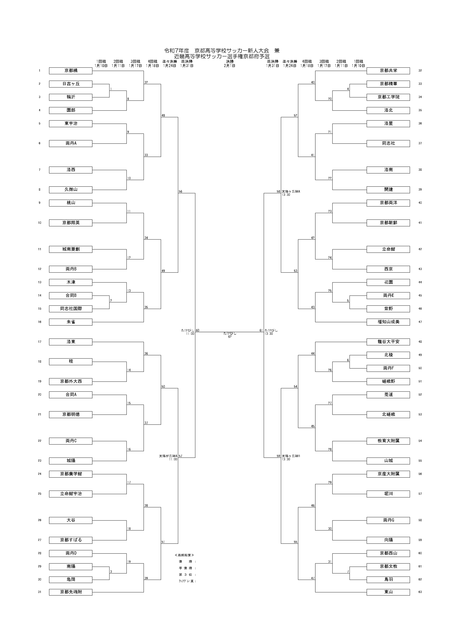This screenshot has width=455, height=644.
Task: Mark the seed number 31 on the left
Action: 39,592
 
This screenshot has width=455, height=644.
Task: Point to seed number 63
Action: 420,592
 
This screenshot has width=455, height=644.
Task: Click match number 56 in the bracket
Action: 180,192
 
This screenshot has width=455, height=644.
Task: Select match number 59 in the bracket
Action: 278,456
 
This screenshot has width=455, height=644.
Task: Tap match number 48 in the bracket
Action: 163,115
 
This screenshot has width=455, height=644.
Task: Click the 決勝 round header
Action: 230,61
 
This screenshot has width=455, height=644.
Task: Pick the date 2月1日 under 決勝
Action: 230,66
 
